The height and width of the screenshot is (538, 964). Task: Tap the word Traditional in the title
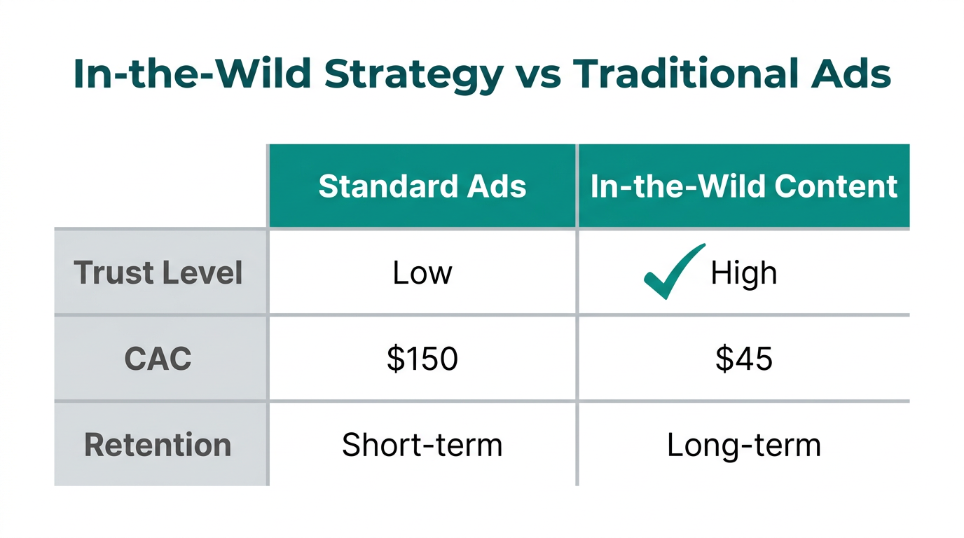tap(704, 74)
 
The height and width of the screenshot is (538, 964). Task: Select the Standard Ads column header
tap(422, 186)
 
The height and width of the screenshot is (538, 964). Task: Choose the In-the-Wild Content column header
tap(743, 186)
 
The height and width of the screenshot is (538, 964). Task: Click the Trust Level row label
tap(158, 273)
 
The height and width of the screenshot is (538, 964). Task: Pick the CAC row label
tap(158, 359)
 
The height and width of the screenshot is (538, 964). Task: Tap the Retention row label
tap(158, 445)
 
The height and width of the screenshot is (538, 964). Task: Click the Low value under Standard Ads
tap(422, 273)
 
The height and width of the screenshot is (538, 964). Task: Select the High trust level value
tap(743, 273)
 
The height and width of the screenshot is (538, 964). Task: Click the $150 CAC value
tap(422, 359)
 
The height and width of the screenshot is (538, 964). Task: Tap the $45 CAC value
tap(743, 359)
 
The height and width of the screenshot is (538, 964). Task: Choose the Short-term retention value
tap(422, 445)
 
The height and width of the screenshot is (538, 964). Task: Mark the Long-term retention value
tap(743, 445)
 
